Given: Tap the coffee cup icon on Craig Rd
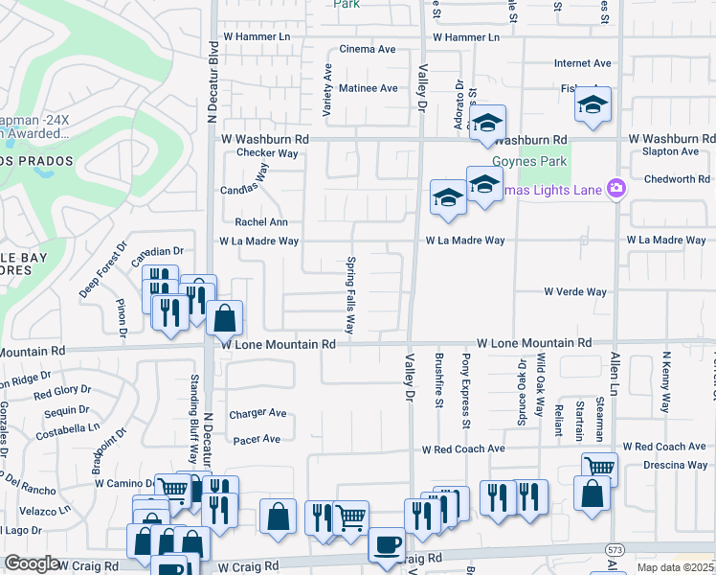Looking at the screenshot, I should pyautogui.click(x=386, y=543).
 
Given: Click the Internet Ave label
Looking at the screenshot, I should pyautogui.click(x=582, y=63).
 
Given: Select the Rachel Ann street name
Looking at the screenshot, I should pyautogui.click(x=261, y=221).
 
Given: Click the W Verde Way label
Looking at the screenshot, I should pyautogui.click(x=575, y=291).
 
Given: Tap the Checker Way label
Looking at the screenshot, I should pyautogui.click(x=267, y=152).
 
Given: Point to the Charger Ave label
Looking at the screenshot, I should pyautogui.click(x=257, y=414).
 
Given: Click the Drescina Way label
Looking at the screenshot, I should pyautogui.click(x=676, y=465).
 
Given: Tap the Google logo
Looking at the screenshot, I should pyautogui.click(x=32, y=563).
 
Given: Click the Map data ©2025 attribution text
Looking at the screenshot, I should pyautogui.click(x=675, y=567).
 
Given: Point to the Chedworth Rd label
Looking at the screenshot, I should pyautogui.click(x=676, y=179).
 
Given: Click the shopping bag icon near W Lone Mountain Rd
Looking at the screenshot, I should pyautogui.click(x=224, y=317).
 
